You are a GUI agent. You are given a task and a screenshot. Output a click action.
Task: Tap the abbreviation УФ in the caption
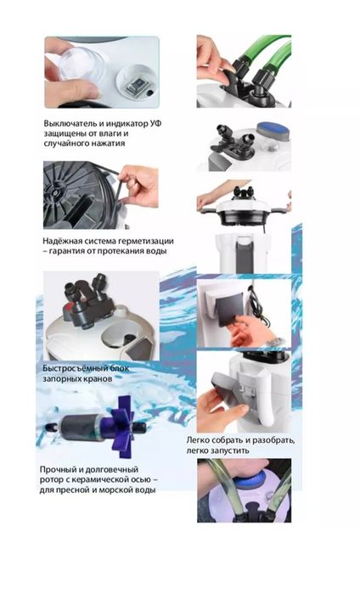(155, 124)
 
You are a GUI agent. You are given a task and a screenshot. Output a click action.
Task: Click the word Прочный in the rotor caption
(58, 470)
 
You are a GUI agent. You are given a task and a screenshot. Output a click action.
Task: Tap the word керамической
(98, 480)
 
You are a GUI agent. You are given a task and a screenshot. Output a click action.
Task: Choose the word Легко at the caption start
(198, 440)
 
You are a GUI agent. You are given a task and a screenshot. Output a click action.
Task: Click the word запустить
(233, 450)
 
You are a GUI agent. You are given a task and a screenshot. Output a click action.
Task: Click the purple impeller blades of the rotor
(121, 427)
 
